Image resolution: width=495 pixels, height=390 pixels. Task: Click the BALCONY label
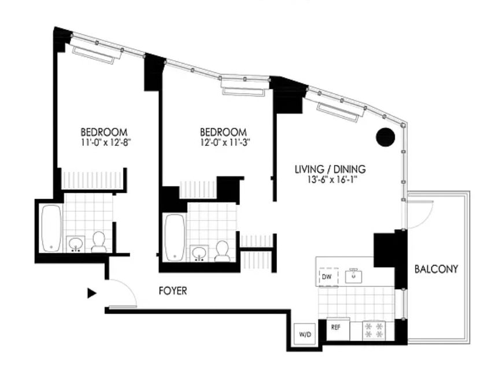pyautogui.click(x=436, y=269)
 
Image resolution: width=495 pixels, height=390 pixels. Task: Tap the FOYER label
pyautogui.click(x=173, y=291)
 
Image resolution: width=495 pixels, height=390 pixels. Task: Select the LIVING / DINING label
pyautogui.click(x=330, y=170)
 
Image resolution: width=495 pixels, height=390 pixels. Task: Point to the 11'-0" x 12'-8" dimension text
pyautogui.click(x=106, y=142)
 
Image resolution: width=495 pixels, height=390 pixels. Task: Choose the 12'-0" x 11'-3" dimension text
pyautogui.click(x=225, y=142)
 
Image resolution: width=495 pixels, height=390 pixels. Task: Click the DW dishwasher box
pyautogui.click(x=328, y=277)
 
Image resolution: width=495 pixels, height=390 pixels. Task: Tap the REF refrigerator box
pyautogui.click(x=338, y=329)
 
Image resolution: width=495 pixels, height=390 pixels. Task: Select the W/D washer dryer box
pyautogui.click(x=305, y=334)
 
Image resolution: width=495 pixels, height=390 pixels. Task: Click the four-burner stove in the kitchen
pyautogui.click(x=374, y=330)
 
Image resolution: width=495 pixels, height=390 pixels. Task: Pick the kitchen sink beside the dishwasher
pyautogui.click(x=354, y=276)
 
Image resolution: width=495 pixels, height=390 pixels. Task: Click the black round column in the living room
pyautogui.click(x=386, y=137)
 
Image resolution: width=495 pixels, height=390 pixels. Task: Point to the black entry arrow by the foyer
pyautogui.click(x=91, y=293)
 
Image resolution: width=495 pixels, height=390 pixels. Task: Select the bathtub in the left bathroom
pyautogui.click(x=52, y=229)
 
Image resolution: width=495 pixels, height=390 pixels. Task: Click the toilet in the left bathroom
pyautogui.click(x=99, y=242)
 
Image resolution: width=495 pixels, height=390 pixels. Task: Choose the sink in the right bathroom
pyautogui.click(x=199, y=253)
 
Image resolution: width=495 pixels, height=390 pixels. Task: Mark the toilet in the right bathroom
pyautogui.click(x=222, y=251)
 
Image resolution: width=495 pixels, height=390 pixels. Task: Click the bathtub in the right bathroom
pyautogui.click(x=175, y=238)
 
